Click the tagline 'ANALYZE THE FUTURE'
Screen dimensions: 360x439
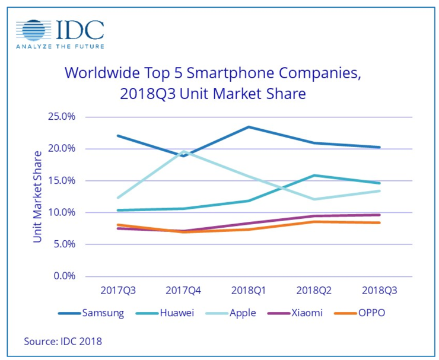(x=59, y=46)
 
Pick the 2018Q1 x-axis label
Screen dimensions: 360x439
(x=249, y=291)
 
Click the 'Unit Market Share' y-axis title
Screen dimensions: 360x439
(x=38, y=196)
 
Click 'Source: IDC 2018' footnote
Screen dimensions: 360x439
(x=62, y=341)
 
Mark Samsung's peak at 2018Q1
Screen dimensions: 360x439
(x=249, y=127)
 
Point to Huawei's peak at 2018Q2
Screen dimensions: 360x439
(x=313, y=176)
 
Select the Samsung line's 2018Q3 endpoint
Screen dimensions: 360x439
(x=378, y=147)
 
